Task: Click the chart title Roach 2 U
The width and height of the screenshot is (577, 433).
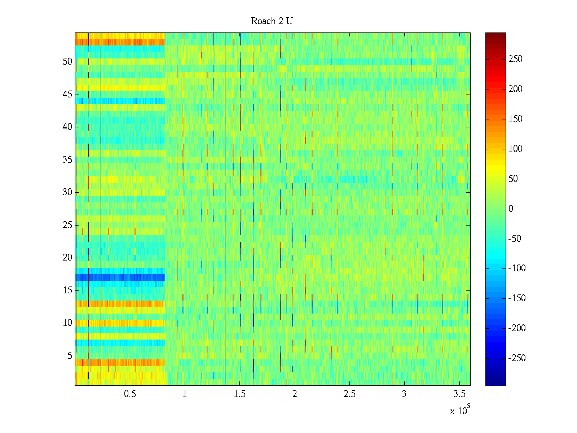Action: [x=272, y=21]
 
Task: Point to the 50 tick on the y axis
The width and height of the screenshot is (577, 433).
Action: [x=67, y=62]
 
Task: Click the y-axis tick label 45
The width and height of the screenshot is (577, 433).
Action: [x=67, y=95]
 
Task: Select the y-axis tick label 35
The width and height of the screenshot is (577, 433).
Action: [x=67, y=160]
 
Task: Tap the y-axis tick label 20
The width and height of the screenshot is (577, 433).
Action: [x=67, y=258]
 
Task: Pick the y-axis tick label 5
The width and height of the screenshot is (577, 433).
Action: [x=70, y=356]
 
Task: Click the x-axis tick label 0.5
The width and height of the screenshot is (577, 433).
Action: [x=130, y=394]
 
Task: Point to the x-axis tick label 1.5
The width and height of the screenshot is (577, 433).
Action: [x=239, y=394]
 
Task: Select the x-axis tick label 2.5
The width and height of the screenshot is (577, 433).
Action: [x=349, y=394]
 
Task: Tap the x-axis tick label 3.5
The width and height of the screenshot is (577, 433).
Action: [x=459, y=394]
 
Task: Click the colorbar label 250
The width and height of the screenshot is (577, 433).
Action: [x=515, y=59]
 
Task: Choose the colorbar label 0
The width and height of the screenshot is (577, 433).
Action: [x=511, y=209]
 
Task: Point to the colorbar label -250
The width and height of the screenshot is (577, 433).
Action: [x=517, y=358]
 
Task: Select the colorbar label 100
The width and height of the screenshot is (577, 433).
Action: [x=515, y=149]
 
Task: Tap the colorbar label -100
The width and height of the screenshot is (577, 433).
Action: [x=517, y=268]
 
